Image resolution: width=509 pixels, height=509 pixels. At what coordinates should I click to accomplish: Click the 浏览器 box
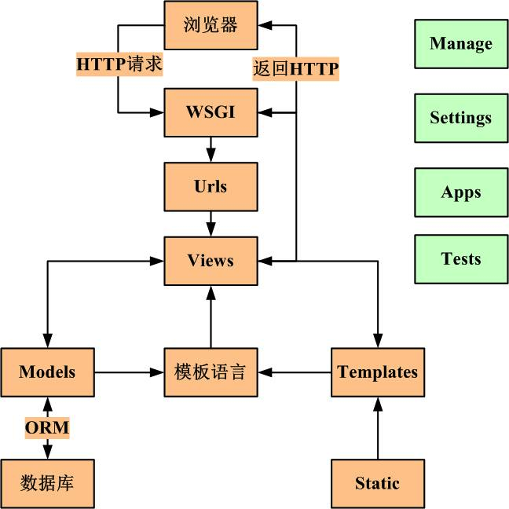click(211, 25)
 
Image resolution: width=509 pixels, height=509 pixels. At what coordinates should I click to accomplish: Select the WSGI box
click(211, 112)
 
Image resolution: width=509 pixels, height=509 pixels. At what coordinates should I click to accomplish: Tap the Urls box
click(211, 186)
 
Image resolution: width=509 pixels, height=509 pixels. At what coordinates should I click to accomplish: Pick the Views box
click(211, 260)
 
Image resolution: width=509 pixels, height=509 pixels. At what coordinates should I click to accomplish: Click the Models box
click(47, 372)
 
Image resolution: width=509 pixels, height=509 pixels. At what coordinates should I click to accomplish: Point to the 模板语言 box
click(211, 372)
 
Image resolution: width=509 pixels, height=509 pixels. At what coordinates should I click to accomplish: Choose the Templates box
click(378, 372)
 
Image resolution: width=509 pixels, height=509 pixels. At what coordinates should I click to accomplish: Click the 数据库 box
click(47, 483)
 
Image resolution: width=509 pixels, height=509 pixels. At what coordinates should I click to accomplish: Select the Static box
click(378, 483)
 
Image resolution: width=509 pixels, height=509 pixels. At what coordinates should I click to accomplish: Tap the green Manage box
click(461, 44)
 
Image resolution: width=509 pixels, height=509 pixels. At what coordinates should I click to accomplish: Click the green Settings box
click(461, 118)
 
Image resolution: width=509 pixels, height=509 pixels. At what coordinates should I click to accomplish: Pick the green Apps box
click(461, 192)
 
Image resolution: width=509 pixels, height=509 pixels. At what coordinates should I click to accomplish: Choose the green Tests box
click(461, 259)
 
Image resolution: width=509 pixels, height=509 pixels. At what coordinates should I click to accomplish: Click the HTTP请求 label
click(119, 64)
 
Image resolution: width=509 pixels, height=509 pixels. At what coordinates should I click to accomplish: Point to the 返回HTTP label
click(295, 69)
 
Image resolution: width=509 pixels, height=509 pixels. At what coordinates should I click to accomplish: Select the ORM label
click(47, 428)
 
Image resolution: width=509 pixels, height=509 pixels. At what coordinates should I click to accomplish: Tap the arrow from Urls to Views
click(211, 223)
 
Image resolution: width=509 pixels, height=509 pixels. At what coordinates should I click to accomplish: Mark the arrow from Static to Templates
click(378, 428)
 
